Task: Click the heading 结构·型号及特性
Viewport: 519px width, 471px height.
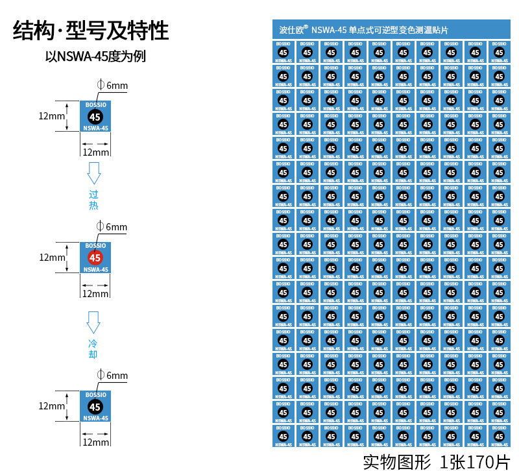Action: pyautogui.click(x=91, y=31)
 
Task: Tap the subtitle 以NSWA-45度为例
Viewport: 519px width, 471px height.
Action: pyautogui.click(x=95, y=56)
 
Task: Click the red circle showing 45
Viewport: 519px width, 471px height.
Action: pyautogui.click(x=95, y=258)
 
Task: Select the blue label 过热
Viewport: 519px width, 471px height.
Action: pyautogui.click(x=93, y=200)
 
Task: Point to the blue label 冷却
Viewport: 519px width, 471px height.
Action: pyautogui.click(x=93, y=348)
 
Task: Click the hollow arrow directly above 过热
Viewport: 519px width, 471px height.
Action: pyautogui.click(x=94, y=173)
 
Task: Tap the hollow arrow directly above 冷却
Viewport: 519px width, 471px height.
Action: pyautogui.click(x=94, y=322)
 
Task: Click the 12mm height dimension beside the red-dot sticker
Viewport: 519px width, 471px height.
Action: pyautogui.click(x=52, y=257)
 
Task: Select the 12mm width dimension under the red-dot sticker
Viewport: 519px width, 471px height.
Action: pyautogui.click(x=95, y=293)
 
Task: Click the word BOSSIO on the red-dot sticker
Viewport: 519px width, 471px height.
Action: pyautogui.click(x=95, y=246)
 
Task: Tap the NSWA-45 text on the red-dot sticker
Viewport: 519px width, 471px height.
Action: pyautogui.click(x=95, y=269)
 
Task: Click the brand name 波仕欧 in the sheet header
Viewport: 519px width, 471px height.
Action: pyautogui.click(x=292, y=30)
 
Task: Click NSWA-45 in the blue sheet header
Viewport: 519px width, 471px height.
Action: pyautogui.click(x=329, y=30)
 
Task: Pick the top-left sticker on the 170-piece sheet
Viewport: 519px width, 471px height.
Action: pyautogui.click(x=283, y=52)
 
